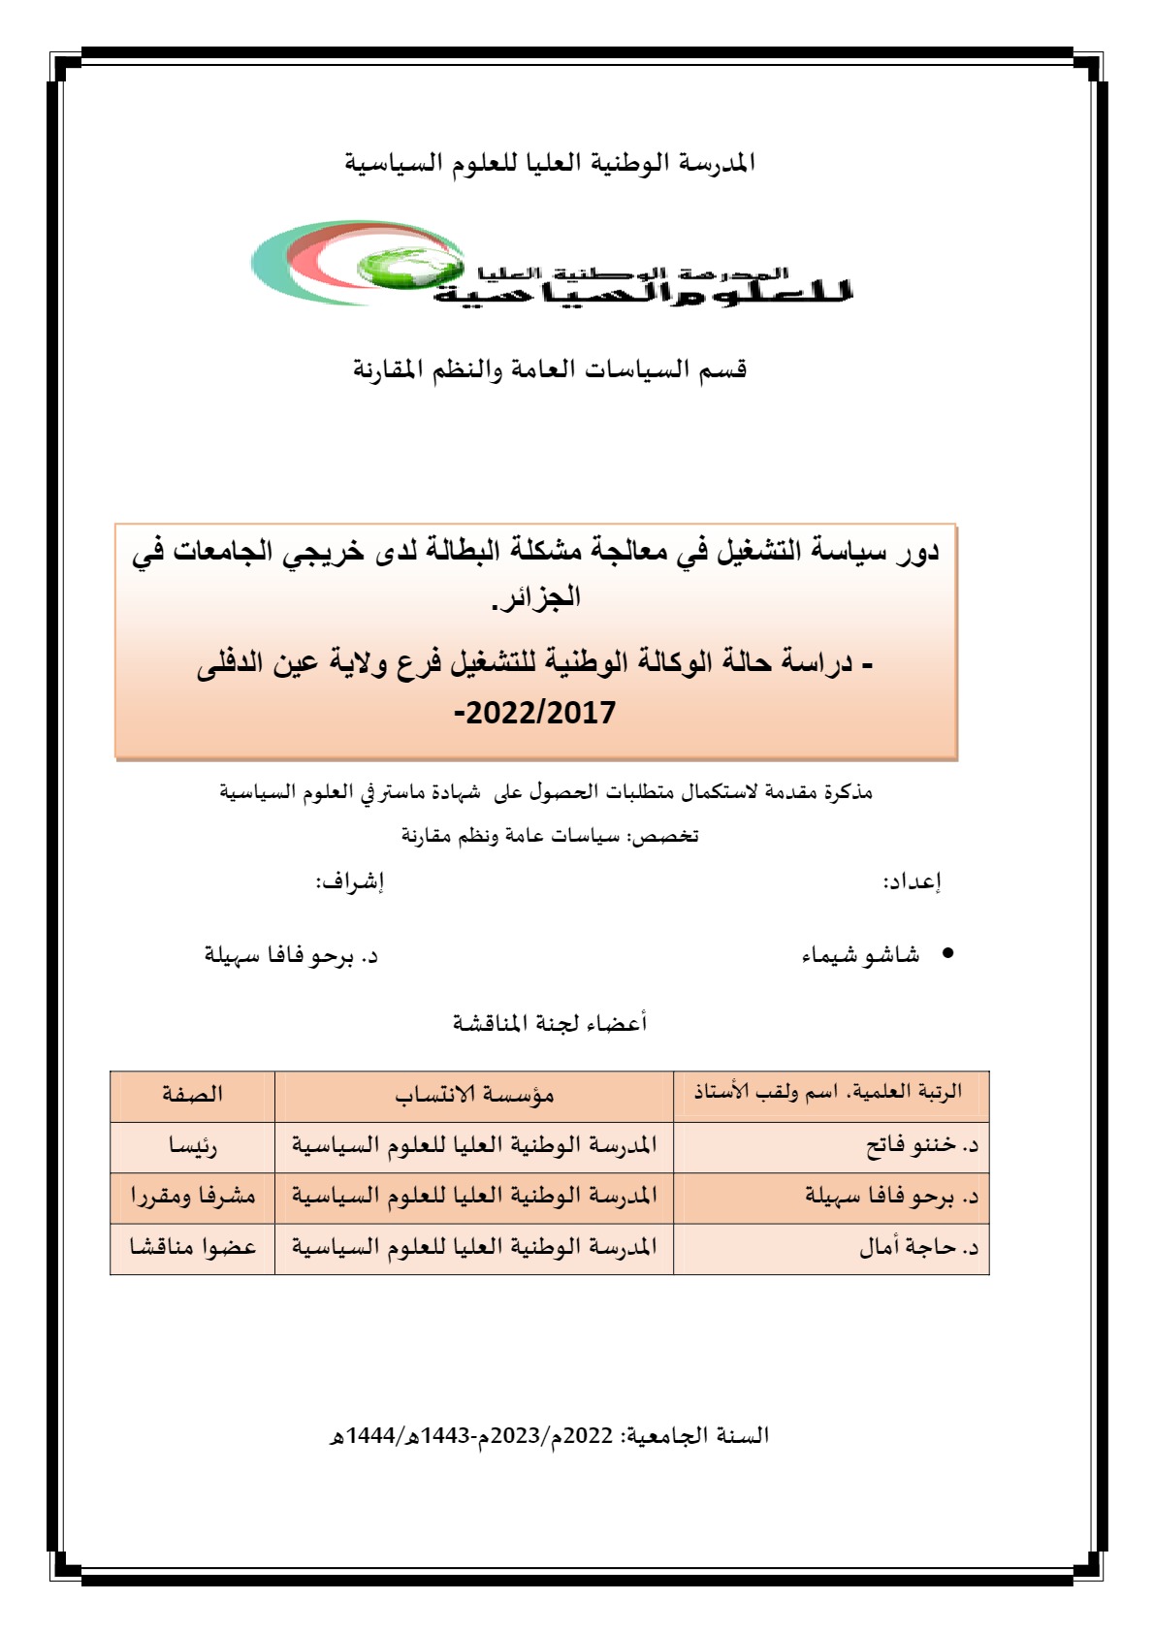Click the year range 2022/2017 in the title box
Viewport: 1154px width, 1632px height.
(539, 714)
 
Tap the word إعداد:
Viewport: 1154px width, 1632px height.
(912, 881)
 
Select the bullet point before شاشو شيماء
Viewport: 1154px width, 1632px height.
(948, 954)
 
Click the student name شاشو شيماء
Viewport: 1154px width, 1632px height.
(860, 956)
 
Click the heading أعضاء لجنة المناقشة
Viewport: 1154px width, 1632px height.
(550, 1023)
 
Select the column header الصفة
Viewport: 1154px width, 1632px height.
(192, 1095)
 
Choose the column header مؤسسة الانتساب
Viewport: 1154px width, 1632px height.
(474, 1096)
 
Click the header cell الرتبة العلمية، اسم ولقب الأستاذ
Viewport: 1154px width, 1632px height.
(828, 1093)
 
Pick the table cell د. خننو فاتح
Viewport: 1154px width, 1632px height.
(922, 1146)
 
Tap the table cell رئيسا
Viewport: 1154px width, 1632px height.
(193, 1147)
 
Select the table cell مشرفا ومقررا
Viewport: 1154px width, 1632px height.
(193, 1198)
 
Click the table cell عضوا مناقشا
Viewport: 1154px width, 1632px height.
(193, 1248)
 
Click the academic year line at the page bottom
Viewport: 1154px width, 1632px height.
(549, 1435)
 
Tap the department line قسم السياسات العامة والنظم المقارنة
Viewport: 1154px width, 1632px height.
(550, 370)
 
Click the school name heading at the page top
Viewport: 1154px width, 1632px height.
(550, 163)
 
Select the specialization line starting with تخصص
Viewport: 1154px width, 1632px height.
(550, 836)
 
